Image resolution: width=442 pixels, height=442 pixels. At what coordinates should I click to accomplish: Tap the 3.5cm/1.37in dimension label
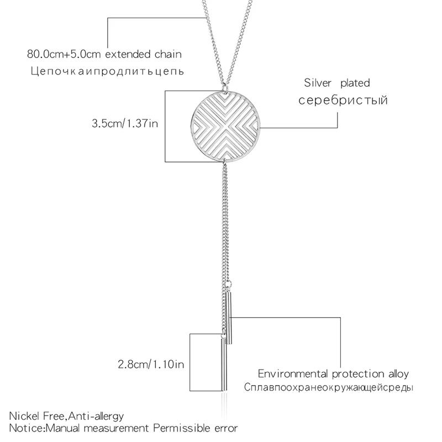125,124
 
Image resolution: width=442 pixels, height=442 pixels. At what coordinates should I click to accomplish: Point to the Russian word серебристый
343,101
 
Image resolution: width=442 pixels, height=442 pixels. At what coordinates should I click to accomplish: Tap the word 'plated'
355,83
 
